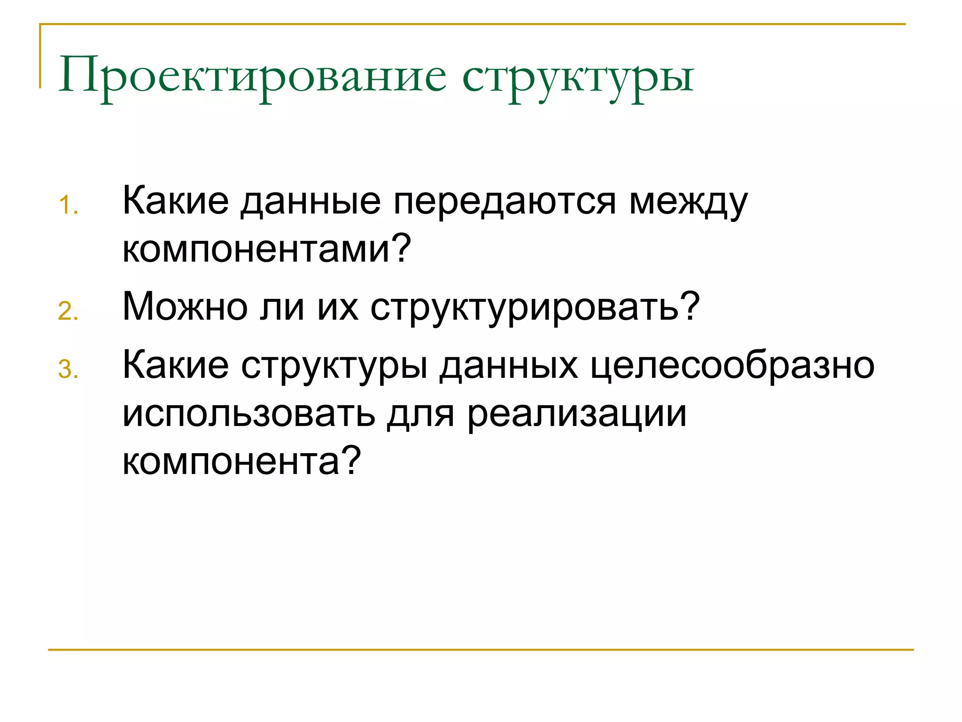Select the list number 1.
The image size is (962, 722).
click(68, 206)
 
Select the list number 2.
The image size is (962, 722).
click(68, 312)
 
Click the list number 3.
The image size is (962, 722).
click(68, 369)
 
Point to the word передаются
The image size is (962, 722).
click(504, 202)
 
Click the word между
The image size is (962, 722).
click(688, 202)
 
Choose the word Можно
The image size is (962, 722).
click(185, 307)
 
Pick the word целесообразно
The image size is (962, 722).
click(732, 366)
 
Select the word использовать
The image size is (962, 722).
click(248, 414)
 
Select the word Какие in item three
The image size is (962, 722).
click(175, 366)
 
